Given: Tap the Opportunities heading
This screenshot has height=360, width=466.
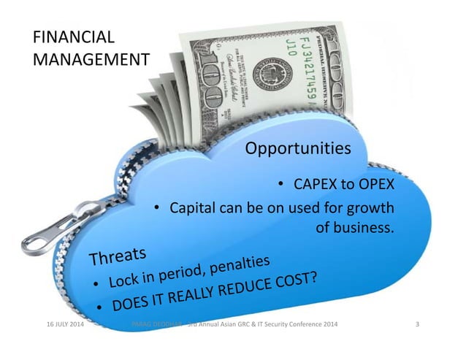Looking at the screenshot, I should click(x=297, y=149).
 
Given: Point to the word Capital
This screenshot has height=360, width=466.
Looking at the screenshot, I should click(x=191, y=208).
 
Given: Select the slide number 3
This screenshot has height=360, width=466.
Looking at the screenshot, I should click(x=416, y=323).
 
